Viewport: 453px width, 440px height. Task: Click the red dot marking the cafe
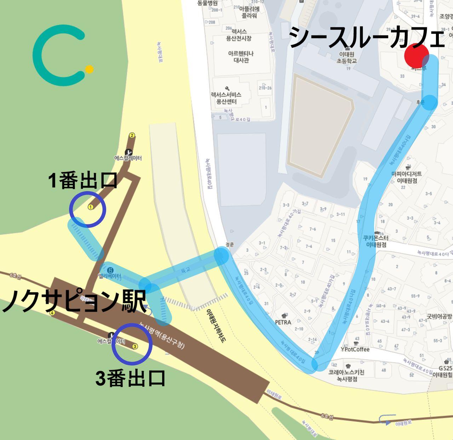(417, 56)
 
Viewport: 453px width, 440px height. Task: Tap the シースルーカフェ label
(366, 37)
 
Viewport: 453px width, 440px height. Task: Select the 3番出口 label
(131, 378)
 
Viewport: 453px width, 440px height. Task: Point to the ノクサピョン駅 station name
(74, 301)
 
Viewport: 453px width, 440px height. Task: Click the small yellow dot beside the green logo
(90, 69)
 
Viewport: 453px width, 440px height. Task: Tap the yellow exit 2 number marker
(132, 135)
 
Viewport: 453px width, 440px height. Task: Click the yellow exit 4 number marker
(52, 313)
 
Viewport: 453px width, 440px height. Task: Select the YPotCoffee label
(355, 349)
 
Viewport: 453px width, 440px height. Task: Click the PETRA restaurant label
(283, 322)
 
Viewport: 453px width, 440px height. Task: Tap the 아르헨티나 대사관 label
(241, 57)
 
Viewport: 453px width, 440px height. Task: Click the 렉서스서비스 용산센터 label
(226, 98)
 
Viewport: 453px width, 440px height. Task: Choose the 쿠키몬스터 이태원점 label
(376, 241)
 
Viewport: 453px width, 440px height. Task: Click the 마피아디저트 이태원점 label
(406, 177)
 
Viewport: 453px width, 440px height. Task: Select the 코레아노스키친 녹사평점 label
(346, 375)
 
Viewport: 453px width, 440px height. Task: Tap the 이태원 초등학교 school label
(347, 58)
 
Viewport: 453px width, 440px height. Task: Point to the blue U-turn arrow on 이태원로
(385, 420)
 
